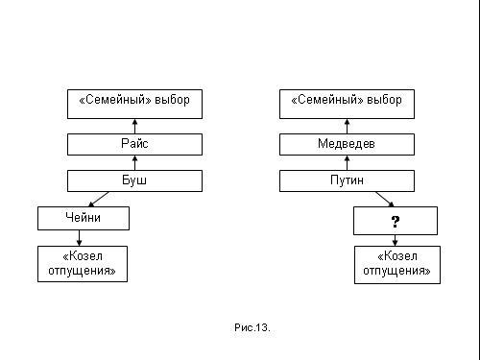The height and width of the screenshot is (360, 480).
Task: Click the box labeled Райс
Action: click(x=134, y=144)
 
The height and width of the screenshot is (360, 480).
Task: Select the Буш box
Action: click(x=134, y=180)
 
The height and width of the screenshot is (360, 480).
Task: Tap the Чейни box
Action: click(x=84, y=218)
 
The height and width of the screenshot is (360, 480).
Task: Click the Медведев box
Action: click(x=347, y=144)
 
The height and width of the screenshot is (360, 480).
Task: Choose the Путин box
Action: click(x=347, y=180)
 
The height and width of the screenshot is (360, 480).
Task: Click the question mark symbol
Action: click(x=396, y=222)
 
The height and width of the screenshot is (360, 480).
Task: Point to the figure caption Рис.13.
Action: click(x=252, y=327)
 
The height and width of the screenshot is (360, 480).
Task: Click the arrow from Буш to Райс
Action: click(x=134, y=163)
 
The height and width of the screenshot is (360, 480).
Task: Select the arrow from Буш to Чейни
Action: click(x=99, y=199)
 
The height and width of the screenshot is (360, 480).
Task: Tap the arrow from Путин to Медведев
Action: click(x=347, y=163)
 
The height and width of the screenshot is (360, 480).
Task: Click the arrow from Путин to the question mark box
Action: click(x=385, y=199)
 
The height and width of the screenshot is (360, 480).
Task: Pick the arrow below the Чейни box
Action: click(x=79, y=238)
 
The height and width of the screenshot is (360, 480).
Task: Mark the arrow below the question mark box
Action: click(x=395, y=240)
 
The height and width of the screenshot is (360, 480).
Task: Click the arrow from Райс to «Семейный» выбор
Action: click(x=134, y=126)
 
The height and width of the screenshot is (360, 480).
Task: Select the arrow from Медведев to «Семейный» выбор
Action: click(x=347, y=126)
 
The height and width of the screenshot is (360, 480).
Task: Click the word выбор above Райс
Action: click(x=173, y=100)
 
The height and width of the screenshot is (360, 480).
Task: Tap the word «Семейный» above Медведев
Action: click(x=327, y=100)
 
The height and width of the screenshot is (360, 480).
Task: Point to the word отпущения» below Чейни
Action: click(x=82, y=271)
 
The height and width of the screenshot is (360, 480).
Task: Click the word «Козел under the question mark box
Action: click(x=397, y=256)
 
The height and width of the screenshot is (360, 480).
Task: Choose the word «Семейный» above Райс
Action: click(x=115, y=100)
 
